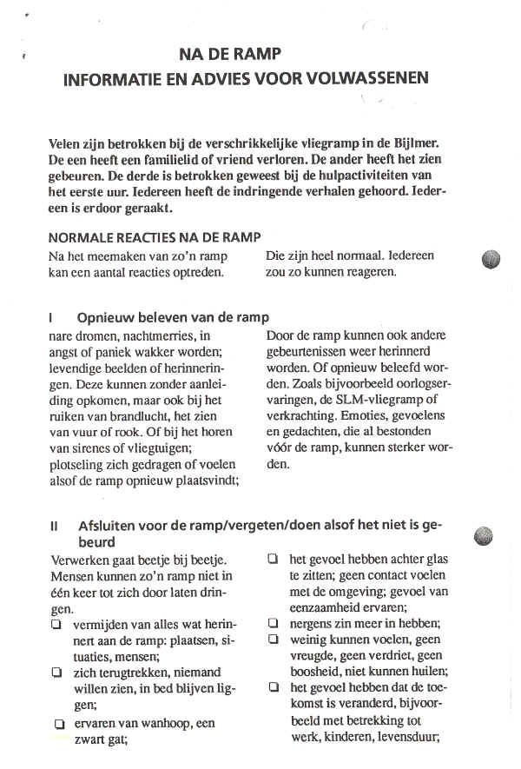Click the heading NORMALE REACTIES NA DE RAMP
(x=155, y=237)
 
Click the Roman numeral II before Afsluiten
(x=56, y=526)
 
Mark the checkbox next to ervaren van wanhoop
(x=60, y=723)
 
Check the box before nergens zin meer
(x=273, y=623)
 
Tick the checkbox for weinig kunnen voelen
(x=273, y=640)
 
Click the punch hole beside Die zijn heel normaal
(x=491, y=259)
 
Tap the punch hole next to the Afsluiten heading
(x=485, y=535)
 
